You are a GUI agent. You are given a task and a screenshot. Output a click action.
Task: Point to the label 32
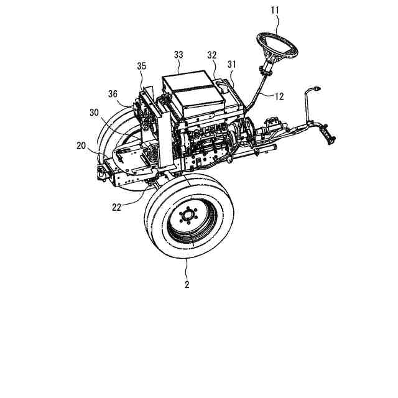211,55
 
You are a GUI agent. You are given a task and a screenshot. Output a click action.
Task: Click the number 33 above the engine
178,55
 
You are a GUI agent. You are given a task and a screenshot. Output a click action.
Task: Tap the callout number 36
112,93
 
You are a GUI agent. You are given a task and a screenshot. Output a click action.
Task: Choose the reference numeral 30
94,113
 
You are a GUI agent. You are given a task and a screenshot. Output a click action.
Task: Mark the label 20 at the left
81,145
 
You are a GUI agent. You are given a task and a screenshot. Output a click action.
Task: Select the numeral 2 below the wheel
187,285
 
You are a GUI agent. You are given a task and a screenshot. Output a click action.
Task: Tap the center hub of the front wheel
187,217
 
